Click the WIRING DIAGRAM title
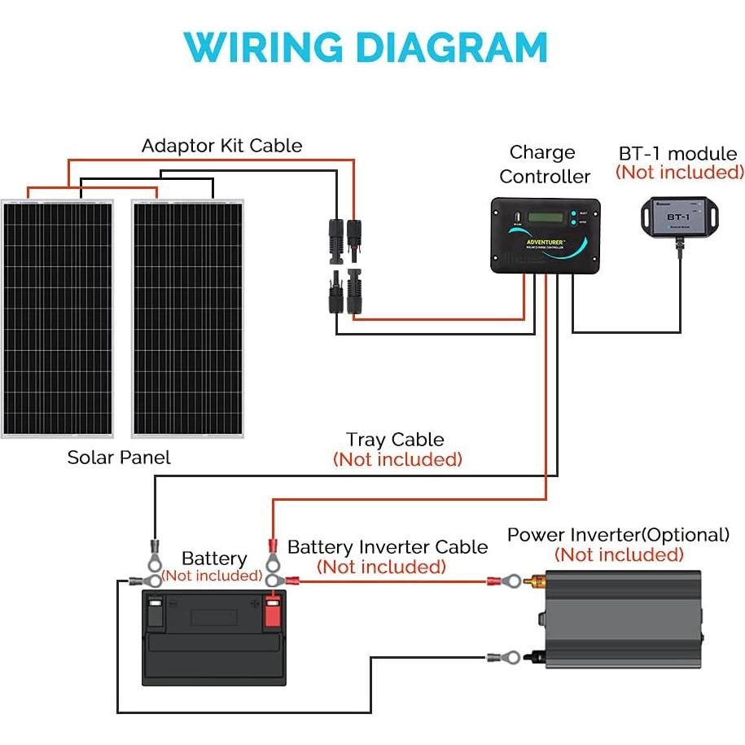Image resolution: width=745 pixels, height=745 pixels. [366, 49]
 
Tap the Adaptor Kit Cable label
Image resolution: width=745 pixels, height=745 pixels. [221, 146]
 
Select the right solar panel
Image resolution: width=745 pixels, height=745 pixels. [188, 318]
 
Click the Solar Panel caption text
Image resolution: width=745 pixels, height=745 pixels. [119, 458]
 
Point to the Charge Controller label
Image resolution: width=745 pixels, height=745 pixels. [544, 164]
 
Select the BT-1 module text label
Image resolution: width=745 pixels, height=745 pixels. [678, 154]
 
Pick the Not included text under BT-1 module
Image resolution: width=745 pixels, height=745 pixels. [680, 172]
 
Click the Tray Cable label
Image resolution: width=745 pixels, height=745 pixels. [395, 440]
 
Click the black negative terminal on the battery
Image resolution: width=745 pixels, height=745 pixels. [157, 611]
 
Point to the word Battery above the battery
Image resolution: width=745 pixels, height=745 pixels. [214, 559]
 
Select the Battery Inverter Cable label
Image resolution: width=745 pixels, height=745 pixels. [388, 547]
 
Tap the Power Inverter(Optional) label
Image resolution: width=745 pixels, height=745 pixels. [619, 535]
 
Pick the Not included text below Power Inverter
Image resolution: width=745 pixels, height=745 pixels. [619, 555]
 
